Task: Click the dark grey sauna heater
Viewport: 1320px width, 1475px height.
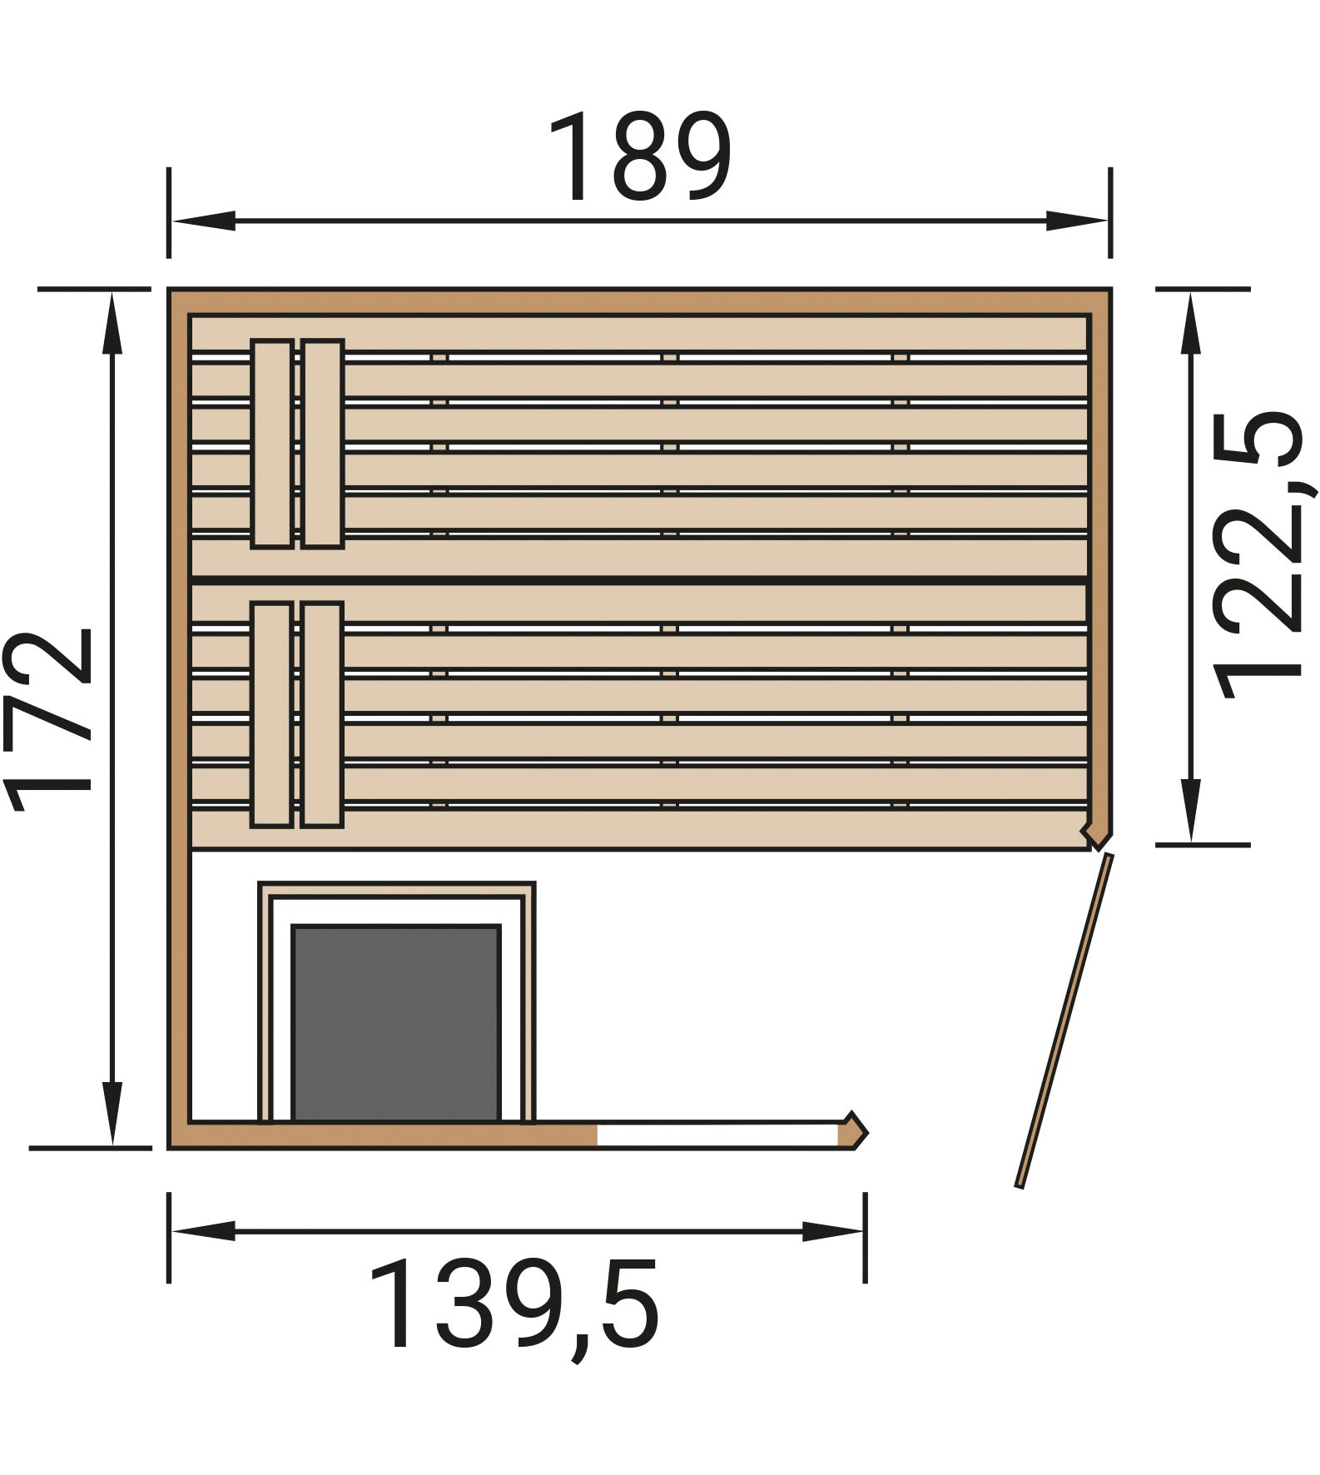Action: coord(396,1024)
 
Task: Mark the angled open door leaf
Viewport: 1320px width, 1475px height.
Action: coord(1064,1020)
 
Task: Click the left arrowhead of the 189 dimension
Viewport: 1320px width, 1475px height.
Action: coord(202,221)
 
